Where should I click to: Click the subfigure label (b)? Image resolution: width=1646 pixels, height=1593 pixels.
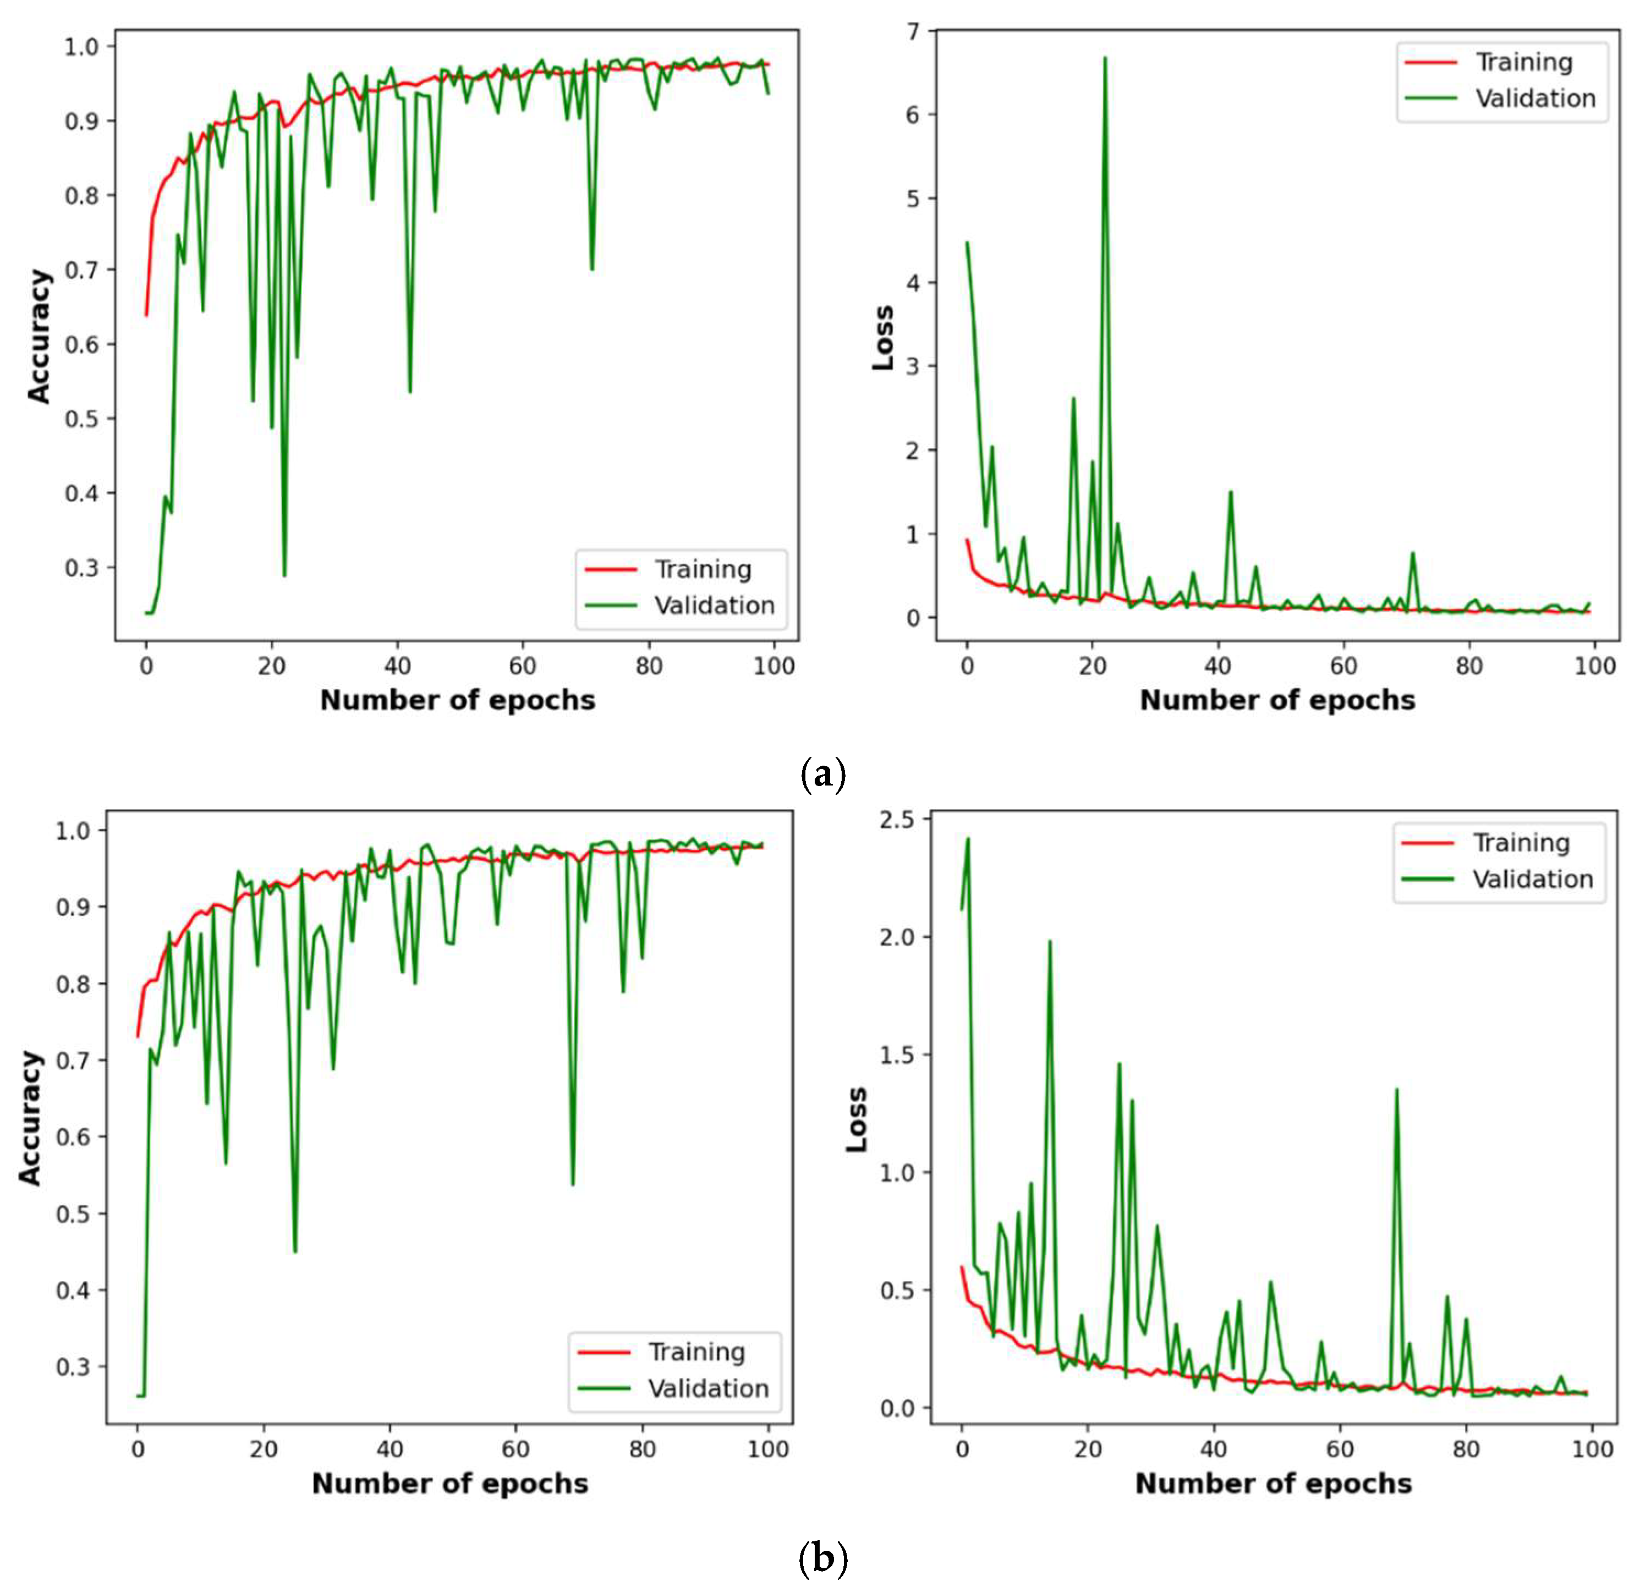click(823, 1558)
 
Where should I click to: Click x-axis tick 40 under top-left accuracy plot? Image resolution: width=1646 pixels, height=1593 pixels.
click(397, 666)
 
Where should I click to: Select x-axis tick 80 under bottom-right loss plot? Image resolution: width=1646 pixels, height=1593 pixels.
click(1466, 1448)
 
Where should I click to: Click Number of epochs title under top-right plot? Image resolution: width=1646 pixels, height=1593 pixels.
click(1276, 700)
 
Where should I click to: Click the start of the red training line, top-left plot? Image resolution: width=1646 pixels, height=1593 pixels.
click(146, 315)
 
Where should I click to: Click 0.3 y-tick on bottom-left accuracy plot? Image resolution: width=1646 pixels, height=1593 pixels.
click(73, 1366)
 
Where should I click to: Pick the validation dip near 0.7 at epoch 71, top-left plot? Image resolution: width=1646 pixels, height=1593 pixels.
click(592, 269)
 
